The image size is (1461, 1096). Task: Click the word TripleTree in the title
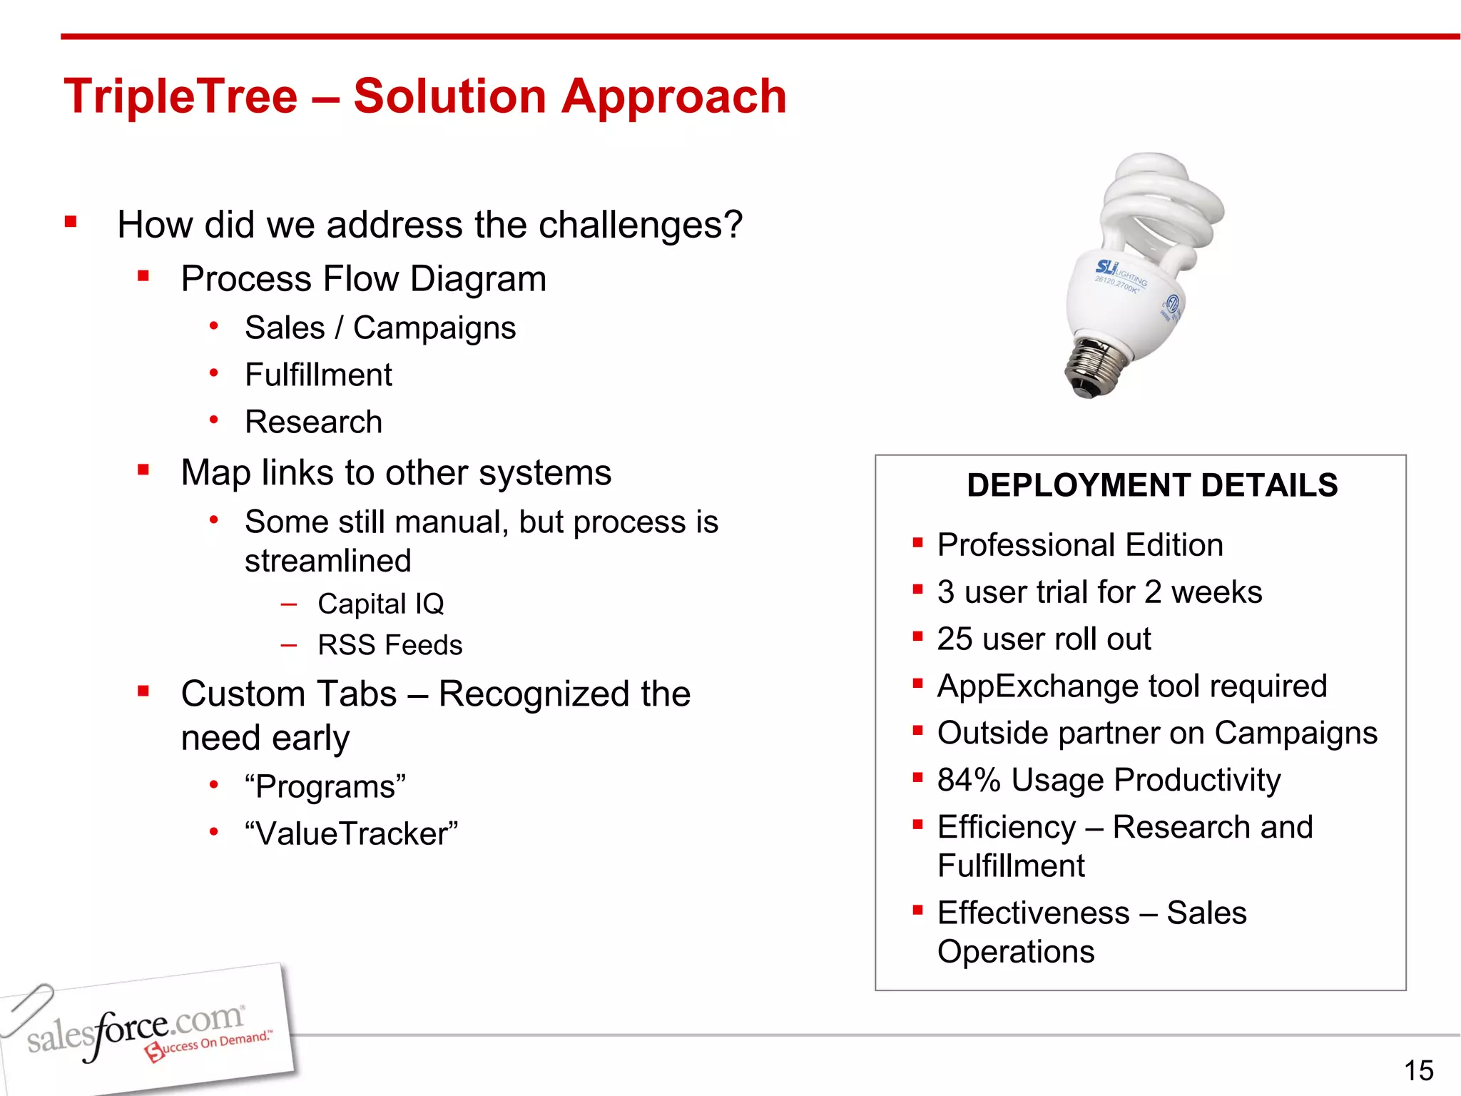click(x=180, y=96)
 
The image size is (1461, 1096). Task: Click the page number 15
click(x=1418, y=1070)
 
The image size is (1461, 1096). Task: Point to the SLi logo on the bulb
click(x=1106, y=268)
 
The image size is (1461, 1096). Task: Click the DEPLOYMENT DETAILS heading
click(x=1151, y=485)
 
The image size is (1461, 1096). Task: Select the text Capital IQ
click(x=380, y=604)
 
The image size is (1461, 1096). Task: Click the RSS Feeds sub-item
click(x=390, y=645)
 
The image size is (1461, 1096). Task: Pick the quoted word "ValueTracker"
click(x=350, y=833)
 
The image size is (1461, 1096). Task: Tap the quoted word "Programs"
click(x=325, y=786)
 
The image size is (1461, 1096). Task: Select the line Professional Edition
click(x=1079, y=545)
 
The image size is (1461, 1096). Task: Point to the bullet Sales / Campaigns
click(x=380, y=328)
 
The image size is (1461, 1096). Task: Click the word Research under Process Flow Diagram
click(x=313, y=422)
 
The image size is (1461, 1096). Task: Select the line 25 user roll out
click(x=1043, y=639)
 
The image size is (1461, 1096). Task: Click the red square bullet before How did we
click(x=71, y=222)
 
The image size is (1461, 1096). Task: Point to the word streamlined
click(x=327, y=561)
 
